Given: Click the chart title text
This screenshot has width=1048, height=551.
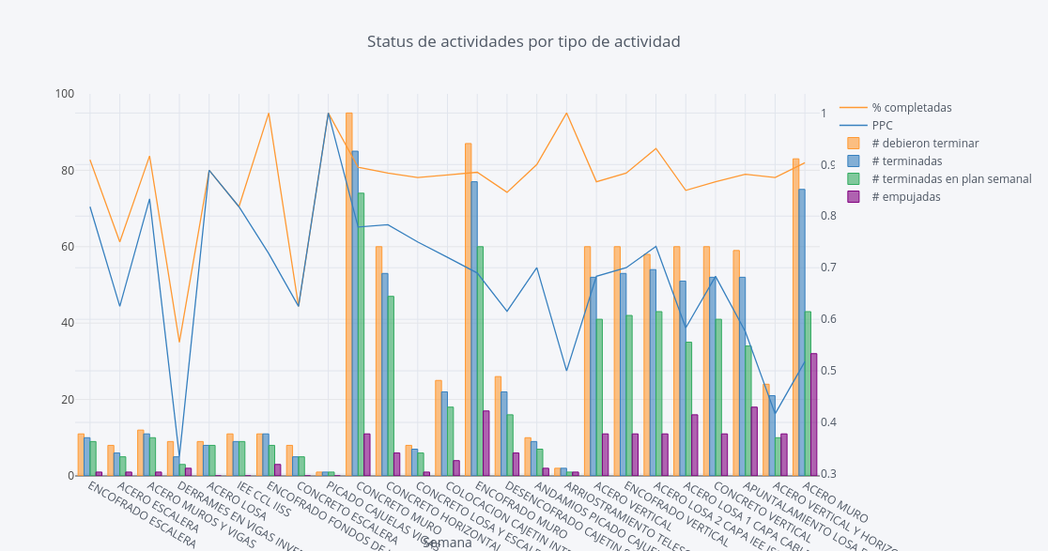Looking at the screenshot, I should [523, 42].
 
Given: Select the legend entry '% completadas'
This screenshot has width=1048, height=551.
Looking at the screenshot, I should [911, 108].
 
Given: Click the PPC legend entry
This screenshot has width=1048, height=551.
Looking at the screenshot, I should [882, 126].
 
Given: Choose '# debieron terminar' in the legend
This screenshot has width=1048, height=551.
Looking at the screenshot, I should [924, 144].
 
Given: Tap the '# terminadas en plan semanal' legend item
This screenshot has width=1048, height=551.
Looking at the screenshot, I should [950, 179].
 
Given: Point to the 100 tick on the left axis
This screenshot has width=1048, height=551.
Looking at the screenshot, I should [65, 94].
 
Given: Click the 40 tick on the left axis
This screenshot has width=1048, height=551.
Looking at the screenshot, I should [68, 323].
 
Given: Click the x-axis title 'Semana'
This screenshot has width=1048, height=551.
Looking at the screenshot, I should [447, 543].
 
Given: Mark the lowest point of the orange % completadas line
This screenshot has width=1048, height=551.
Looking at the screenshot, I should [179, 342].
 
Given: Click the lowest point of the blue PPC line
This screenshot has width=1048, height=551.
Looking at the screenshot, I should [179, 468].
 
